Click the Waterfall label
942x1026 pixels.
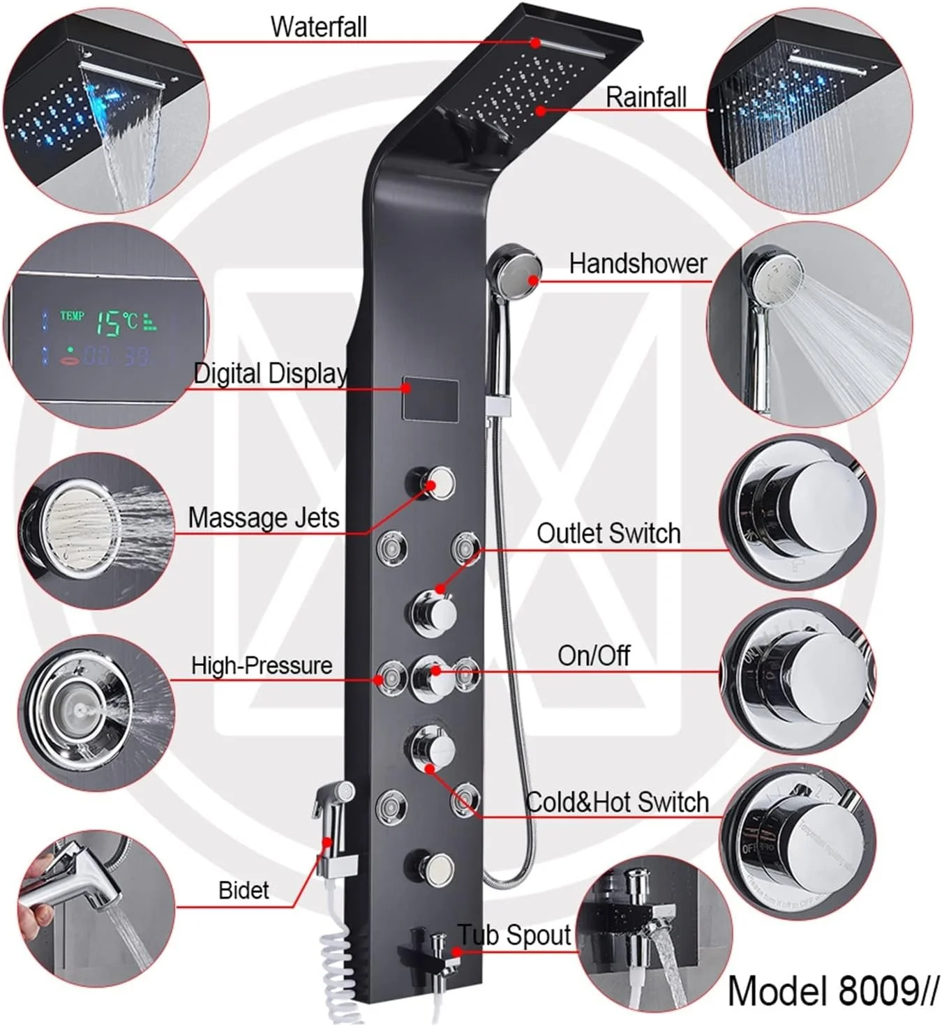pyautogui.click(x=318, y=27)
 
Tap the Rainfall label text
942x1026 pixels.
pyautogui.click(x=645, y=97)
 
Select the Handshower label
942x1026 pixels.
pyautogui.click(x=638, y=264)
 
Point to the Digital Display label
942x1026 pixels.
pyautogui.click(x=270, y=374)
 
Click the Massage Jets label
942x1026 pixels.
pyautogui.click(x=264, y=517)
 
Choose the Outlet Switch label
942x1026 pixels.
pyautogui.click(x=608, y=533)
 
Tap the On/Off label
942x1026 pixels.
pyautogui.click(x=594, y=655)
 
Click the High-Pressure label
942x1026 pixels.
pyautogui.click(x=262, y=665)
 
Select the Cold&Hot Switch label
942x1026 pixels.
pyautogui.click(x=617, y=802)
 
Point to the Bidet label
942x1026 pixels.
pyautogui.click(x=244, y=891)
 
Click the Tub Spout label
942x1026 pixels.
pyautogui.click(x=514, y=935)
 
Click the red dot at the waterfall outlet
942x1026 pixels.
pyautogui.click(x=535, y=43)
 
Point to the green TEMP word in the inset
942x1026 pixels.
pyautogui.click(x=72, y=315)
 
